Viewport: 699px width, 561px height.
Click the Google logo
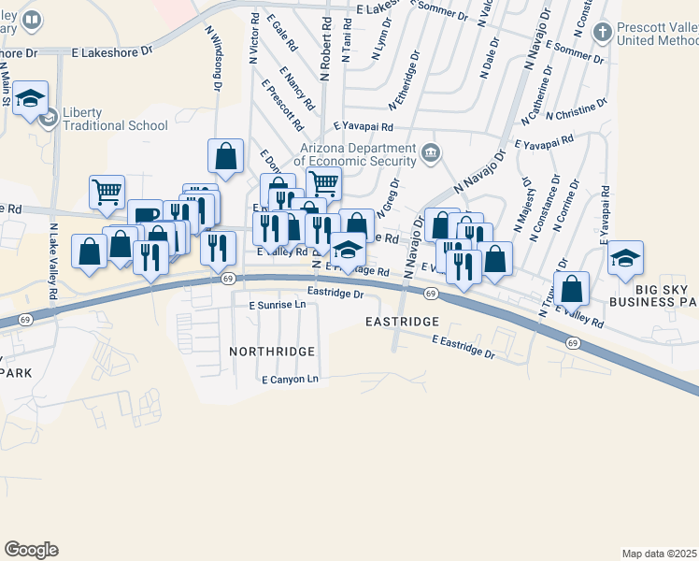[x=31, y=550]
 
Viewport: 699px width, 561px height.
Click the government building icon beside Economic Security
[x=430, y=152]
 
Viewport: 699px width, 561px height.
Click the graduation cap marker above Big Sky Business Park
[x=624, y=258]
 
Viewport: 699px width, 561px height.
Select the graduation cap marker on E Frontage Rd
[x=347, y=251]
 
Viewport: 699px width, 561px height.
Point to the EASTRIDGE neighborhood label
[x=402, y=322]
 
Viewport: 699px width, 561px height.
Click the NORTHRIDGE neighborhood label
[x=272, y=351]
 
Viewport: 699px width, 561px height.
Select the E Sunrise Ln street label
[x=278, y=305]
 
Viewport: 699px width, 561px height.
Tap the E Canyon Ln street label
[x=291, y=380]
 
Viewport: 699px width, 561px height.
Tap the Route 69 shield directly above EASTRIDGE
[x=430, y=294]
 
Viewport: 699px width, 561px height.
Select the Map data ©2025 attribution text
[x=660, y=554]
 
